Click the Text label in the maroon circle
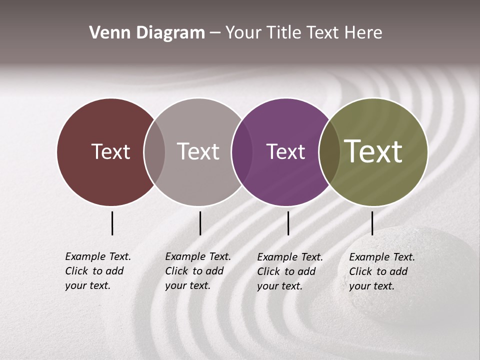tap(110, 151)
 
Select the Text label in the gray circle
tap(198, 151)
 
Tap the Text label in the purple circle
tap(285, 151)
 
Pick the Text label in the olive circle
tap(373, 151)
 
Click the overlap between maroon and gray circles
tap(154, 152)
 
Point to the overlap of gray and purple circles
tap(242, 152)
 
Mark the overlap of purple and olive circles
tap(329, 152)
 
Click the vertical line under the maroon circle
tap(112, 223)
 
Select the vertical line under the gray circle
tap(200, 223)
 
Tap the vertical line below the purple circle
tap(288, 223)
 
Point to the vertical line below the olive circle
tap(372, 223)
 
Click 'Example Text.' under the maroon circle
tap(98, 256)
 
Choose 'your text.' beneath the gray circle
tap(187, 285)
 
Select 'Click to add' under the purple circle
tap(286, 271)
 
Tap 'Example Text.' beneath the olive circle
tap(382, 257)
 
